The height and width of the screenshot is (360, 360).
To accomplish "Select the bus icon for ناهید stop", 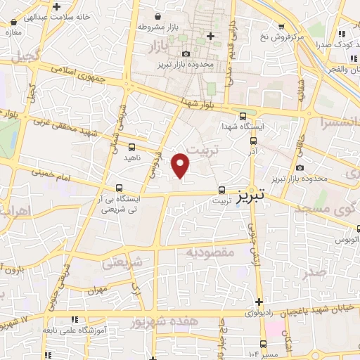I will (x=132, y=147).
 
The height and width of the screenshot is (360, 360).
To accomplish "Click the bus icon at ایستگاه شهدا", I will (x=243, y=117).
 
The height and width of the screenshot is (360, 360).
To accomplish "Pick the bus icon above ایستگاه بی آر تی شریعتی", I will (x=119, y=188).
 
